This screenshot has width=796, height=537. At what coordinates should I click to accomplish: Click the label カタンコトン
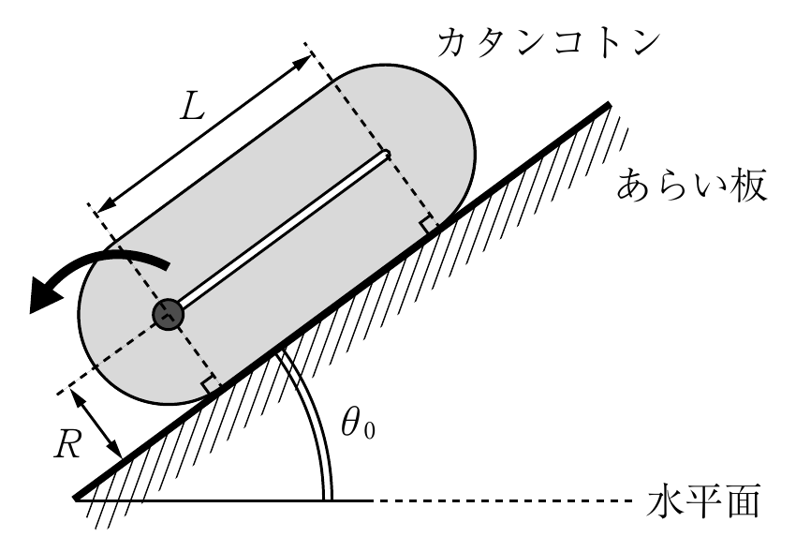tap(548, 42)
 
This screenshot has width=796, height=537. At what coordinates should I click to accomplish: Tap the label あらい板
tap(691, 186)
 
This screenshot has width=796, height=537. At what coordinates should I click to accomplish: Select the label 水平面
tap(703, 500)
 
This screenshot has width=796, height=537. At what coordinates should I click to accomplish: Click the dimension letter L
tap(192, 108)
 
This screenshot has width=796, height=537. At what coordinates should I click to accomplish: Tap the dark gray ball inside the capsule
tap(168, 315)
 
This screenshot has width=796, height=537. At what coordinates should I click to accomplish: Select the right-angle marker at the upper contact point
tap(428, 224)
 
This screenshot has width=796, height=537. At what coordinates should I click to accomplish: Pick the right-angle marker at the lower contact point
tap(211, 385)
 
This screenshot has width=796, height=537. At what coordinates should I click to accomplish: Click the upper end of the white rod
tap(387, 154)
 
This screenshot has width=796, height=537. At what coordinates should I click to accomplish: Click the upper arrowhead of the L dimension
tap(303, 62)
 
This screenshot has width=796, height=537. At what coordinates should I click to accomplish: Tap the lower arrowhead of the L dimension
tap(104, 206)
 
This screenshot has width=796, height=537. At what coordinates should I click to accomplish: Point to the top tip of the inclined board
tap(609, 105)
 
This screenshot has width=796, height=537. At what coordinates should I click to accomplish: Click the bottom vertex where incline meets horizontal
tap(76, 499)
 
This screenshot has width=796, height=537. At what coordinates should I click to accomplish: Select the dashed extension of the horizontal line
tap(503, 501)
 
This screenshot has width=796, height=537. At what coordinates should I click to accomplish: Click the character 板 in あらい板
tap(749, 186)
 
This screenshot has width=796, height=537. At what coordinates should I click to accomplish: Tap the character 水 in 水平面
tap(665, 500)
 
